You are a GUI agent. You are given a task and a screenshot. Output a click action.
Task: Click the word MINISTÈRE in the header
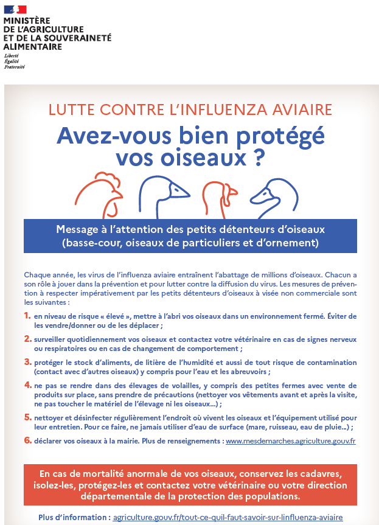coord(27,20)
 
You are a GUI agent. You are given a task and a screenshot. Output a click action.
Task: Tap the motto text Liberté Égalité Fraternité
coord(14,61)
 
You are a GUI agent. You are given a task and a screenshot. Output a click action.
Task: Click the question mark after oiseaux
coord(258,156)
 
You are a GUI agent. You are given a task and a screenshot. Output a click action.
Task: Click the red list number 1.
coord(27,316)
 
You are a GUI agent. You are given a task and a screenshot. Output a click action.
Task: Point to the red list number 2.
coord(27,338)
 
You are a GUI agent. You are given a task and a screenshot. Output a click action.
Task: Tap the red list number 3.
coord(27,361)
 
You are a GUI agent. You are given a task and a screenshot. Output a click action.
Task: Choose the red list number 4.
coord(27,386)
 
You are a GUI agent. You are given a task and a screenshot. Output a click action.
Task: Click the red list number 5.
coord(27,417)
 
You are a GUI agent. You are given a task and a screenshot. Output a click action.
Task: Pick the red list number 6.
coord(27,440)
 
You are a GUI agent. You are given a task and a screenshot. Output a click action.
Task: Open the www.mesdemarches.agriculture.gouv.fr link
coord(290,440)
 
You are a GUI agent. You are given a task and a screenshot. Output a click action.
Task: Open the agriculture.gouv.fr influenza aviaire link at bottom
coord(228,518)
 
